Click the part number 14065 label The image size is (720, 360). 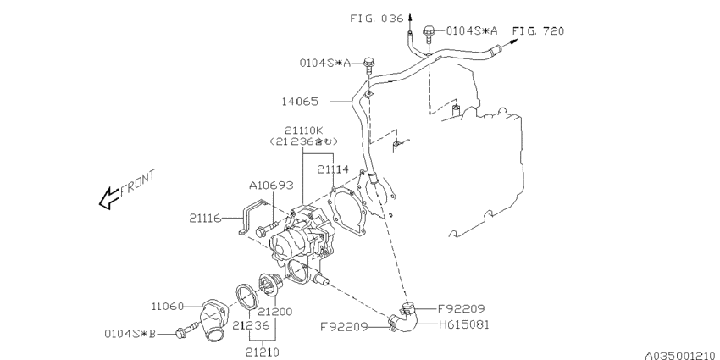tap(299, 102)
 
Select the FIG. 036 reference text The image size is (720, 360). tap(377, 19)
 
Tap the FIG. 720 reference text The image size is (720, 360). tap(538, 30)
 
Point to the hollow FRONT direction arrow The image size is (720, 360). tap(109, 198)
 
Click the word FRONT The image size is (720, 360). tap(138, 183)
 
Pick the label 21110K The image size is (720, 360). tap(303, 130)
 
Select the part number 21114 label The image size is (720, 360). tap(333, 170)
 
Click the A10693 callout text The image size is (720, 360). tap(271, 186)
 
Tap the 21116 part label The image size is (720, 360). tap(205, 219)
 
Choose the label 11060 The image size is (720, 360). tap(167, 307)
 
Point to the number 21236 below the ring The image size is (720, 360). tap(250, 325)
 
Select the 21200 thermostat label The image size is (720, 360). tap(274, 312)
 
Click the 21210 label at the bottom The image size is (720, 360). tap(263, 352)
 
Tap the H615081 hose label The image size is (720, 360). tap(464, 325)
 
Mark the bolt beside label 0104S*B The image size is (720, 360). tap(186, 330)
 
